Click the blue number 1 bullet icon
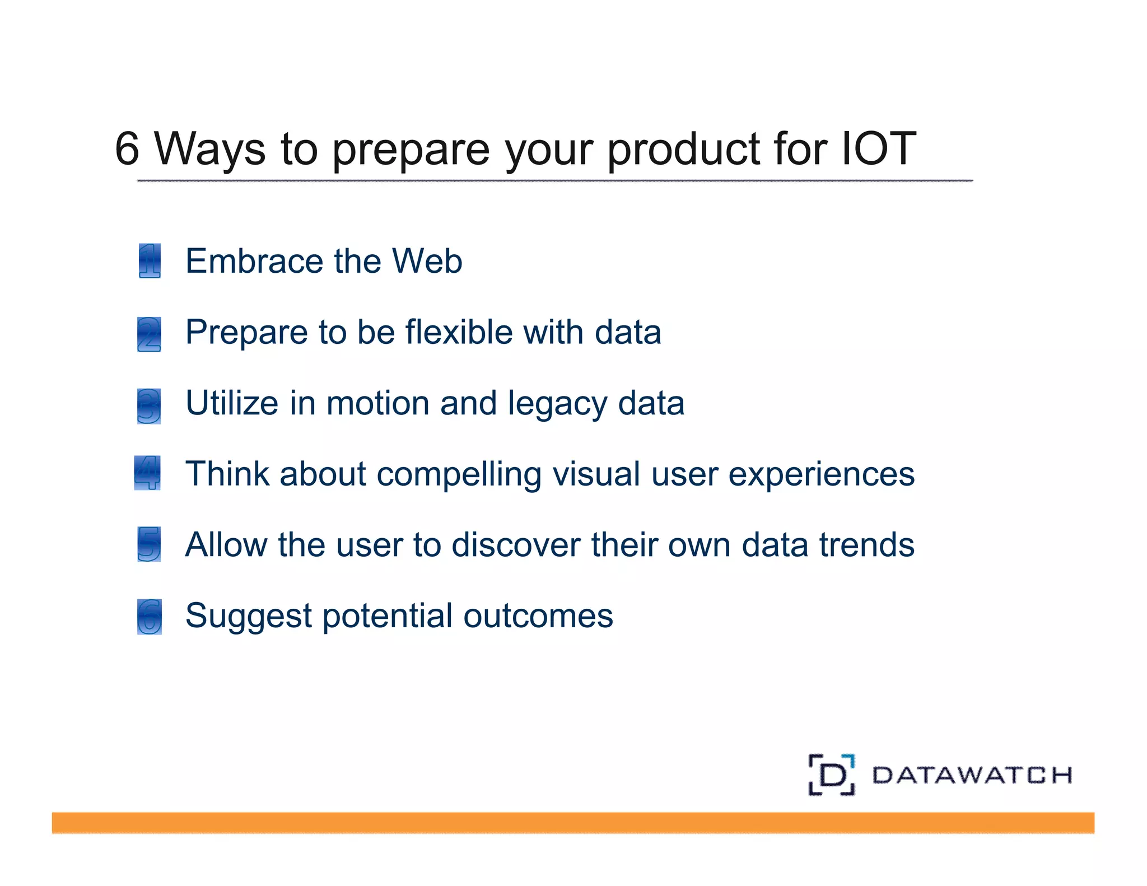pos(150,260)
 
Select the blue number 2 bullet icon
pos(149,334)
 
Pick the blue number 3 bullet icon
pos(149,405)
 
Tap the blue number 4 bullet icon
pos(148,473)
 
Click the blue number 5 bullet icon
pos(149,544)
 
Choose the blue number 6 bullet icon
pos(150,616)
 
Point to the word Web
pos(427,261)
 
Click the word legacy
pos(557,404)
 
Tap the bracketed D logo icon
pos(832,775)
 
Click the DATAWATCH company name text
pos(972,775)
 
